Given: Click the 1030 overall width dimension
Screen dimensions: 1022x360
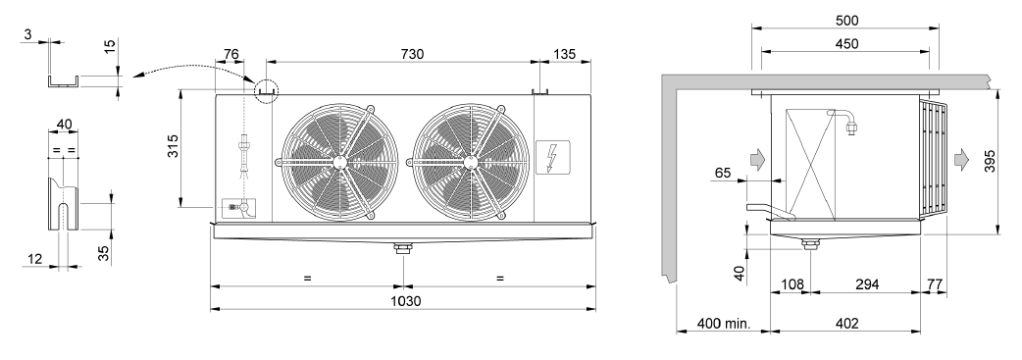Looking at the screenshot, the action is point(405,301).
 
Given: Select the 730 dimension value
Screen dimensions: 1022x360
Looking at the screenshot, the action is point(412,54).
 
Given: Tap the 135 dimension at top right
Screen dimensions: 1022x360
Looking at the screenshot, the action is point(564,54).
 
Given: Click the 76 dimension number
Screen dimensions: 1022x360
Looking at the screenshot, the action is point(231,54).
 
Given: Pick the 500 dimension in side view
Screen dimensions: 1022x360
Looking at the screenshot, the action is point(846,21).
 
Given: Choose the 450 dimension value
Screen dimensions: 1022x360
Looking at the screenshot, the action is point(846,44).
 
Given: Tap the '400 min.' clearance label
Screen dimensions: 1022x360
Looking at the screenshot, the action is point(724,324).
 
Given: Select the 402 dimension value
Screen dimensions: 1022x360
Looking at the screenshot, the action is point(846,324).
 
